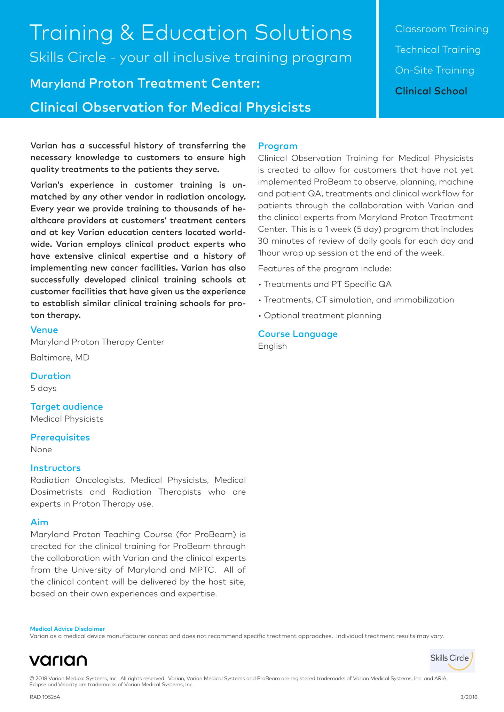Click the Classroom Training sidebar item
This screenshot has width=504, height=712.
pos(441,29)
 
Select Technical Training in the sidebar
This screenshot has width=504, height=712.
pos(438,50)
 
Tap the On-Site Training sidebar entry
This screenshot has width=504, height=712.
pos(434,70)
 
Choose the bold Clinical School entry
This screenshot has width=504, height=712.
pos(431,91)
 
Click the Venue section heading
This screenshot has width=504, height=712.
pos(44,330)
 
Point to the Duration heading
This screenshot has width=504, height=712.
pos(51,376)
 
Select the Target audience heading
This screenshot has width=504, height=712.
pos(67,406)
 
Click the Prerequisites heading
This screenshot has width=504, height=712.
pos(60,437)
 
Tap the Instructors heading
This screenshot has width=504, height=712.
pos(56,468)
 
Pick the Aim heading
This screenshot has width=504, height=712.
pos(39,522)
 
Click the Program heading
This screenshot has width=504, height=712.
pos(278,146)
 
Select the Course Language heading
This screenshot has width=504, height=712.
pos(298,334)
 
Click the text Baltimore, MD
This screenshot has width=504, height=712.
pos(60,357)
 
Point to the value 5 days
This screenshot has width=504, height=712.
pos(44,388)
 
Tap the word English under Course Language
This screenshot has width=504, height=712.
pos(273,346)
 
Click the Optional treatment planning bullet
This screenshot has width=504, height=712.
pos(322,315)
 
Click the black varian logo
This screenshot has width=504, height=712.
pos(58,660)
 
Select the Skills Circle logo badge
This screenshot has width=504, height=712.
pos(452,660)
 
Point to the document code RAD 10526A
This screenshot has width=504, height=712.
pos(45,697)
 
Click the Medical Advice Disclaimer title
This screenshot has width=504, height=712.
pos(68,629)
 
